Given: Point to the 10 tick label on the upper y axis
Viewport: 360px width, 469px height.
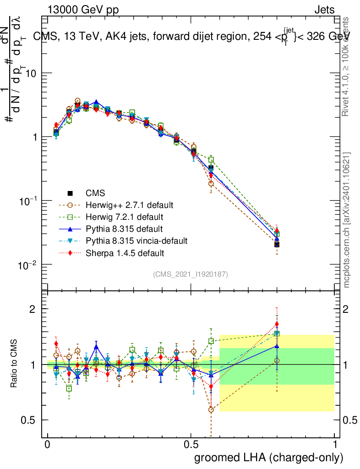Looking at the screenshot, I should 31,74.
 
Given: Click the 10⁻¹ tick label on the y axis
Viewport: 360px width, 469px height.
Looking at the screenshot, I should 28,202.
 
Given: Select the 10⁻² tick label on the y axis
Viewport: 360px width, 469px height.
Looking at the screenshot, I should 28,266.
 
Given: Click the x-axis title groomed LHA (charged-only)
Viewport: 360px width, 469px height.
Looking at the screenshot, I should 269,458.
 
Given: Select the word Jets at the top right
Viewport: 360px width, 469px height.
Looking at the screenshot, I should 324,10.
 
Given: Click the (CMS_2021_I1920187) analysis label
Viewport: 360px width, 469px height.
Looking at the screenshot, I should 191,274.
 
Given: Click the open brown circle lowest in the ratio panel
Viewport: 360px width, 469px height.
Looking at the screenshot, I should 211,409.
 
